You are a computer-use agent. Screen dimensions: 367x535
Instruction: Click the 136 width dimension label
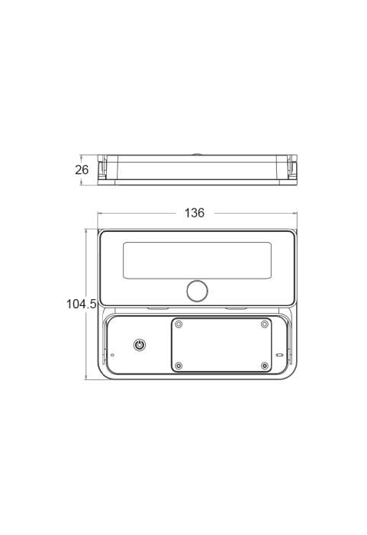[195, 213]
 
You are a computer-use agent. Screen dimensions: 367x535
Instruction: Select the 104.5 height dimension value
[81, 304]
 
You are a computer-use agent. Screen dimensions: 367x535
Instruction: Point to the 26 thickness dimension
[82, 169]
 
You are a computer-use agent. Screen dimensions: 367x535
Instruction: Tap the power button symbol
[140, 345]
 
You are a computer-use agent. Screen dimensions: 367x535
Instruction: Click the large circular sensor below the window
[197, 291]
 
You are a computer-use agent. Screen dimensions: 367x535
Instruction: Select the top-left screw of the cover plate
[179, 324]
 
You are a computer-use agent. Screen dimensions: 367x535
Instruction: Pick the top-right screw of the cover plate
[264, 324]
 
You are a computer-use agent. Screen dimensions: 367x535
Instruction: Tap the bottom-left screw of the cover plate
[179, 366]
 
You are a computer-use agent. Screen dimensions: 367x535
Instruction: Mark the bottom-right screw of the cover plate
[264, 366]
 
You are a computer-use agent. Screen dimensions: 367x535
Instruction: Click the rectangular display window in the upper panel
[197, 260]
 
